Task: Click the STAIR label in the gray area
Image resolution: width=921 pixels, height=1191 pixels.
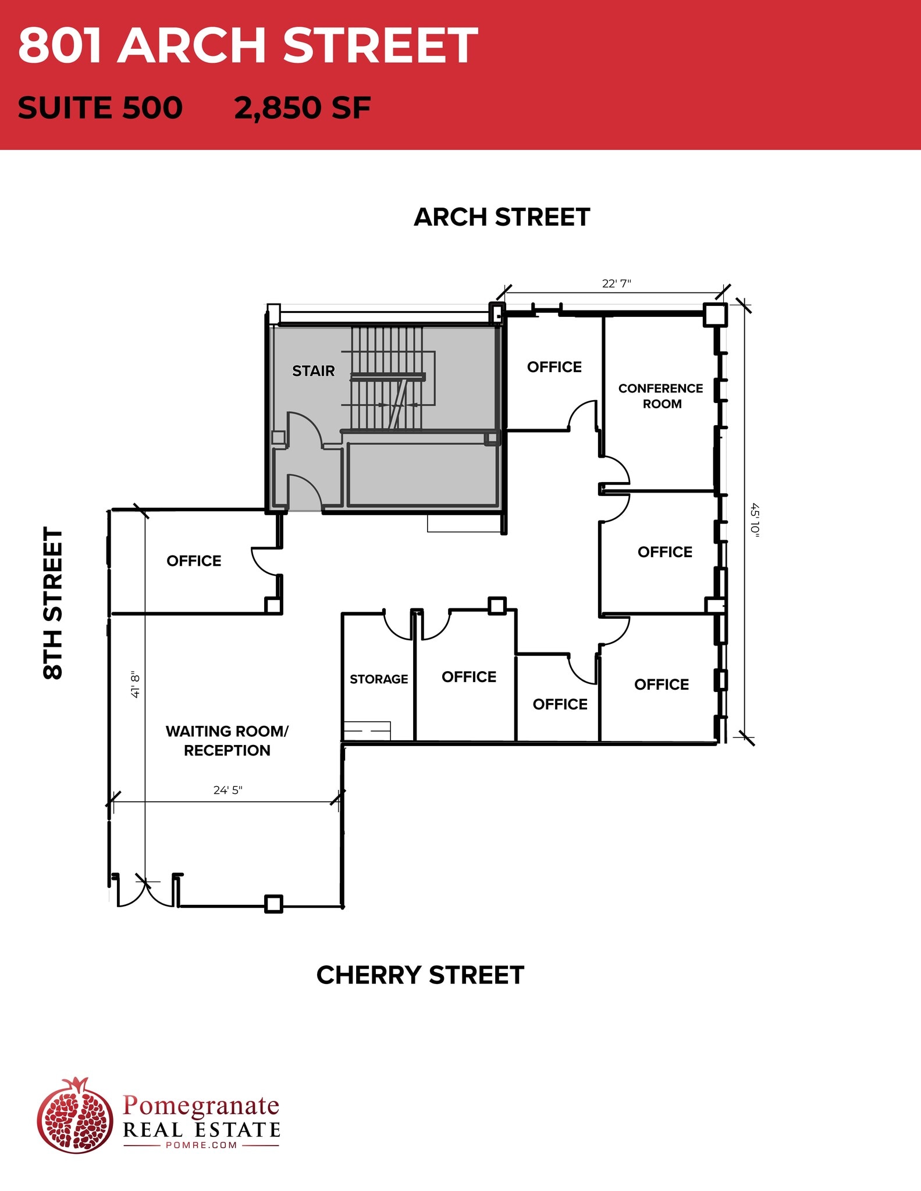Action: point(313,371)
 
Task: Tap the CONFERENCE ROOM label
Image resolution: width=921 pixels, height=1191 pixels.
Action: point(660,396)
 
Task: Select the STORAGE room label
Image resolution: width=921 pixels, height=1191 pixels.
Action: point(379,679)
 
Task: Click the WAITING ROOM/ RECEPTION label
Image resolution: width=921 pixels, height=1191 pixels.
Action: point(227,740)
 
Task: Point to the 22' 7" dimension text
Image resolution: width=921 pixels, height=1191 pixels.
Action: point(616,284)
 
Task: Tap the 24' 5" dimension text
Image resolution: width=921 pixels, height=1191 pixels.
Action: point(227,790)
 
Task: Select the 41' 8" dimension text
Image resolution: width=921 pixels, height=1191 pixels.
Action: point(135,684)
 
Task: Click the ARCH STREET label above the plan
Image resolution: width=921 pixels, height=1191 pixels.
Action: point(502,217)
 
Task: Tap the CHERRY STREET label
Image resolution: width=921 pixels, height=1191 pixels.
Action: point(420,975)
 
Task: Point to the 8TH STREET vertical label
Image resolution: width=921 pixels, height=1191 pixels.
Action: point(53,603)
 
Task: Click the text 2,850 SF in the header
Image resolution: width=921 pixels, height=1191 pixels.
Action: point(302,108)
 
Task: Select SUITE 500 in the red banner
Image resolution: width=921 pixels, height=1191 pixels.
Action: point(100,108)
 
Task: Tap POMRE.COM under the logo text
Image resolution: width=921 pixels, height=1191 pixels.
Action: point(201,1145)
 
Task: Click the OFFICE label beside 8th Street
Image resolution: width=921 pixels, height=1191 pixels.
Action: point(194,561)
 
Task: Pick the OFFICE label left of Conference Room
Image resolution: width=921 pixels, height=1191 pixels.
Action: point(554,367)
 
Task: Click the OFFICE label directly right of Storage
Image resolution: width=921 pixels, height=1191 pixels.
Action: point(469,677)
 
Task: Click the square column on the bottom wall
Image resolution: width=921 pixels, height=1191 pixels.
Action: point(273,904)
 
